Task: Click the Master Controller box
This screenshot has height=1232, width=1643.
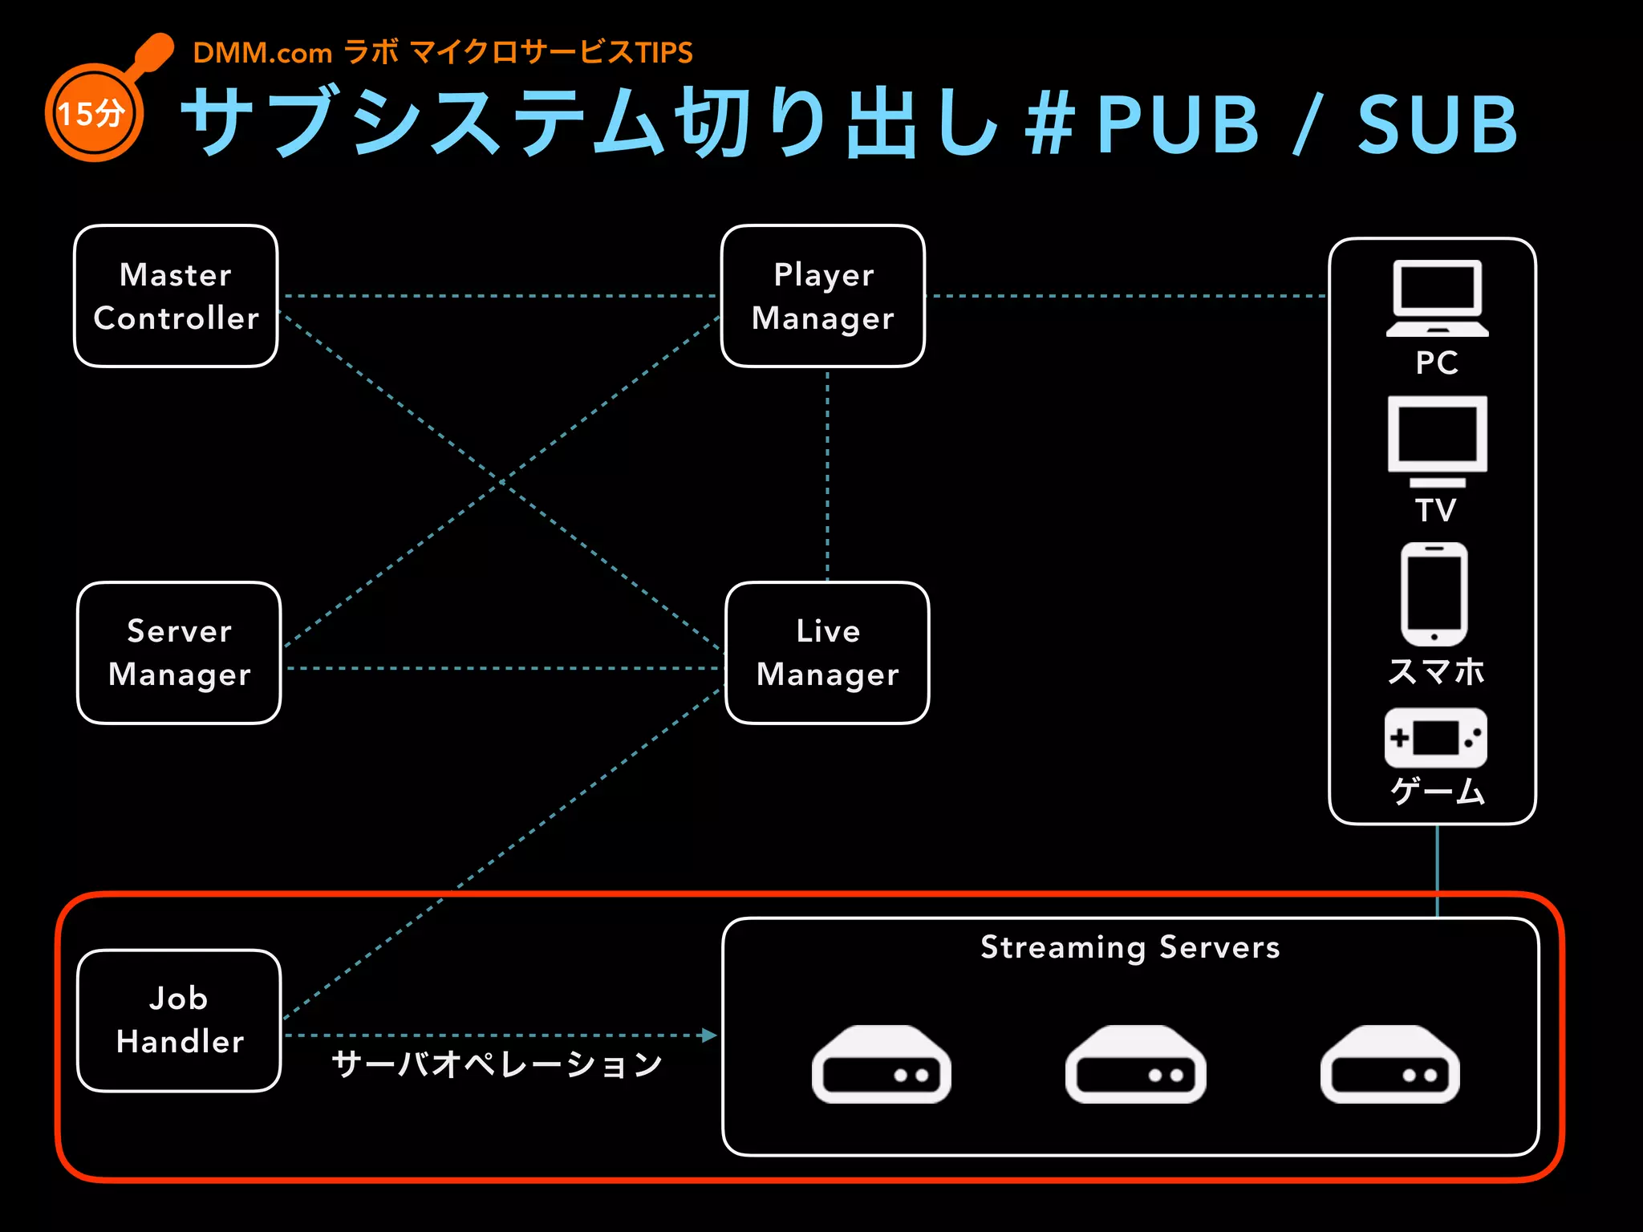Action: pyautogui.click(x=176, y=296)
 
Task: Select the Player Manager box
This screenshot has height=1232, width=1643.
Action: pyautogui.click(x=823, y=296)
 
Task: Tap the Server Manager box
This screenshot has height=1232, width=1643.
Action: pyautogui.click(x=179, y=653)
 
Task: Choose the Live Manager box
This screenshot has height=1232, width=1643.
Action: pyautogui.click(x=827, y=653)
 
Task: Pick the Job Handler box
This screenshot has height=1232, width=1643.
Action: pyautogui.click(x=179, y=1020)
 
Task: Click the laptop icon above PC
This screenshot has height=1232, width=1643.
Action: pyautogui.click(x=1437, y=298)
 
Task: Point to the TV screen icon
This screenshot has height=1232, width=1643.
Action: pyautogui.click(x=1437, y=440)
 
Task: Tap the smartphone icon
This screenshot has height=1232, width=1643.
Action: pyautogui.click(x=1434, y=594)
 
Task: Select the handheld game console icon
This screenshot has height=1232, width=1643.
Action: pyautogui.click(x=1435, y=738)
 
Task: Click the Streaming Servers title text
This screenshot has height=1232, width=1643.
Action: pyautogui.click(x=1130, y=947)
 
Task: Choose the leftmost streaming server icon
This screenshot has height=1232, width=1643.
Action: pyautogui.click(x=881, y=1064)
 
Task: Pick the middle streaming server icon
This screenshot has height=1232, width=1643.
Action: pyautogui.click(x=1135, y=1064)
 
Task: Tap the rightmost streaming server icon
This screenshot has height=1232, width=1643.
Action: pyautogui.click(x=1389, y=1064)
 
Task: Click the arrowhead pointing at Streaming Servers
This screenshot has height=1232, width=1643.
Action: pyautogui.click(x=708, y=1035)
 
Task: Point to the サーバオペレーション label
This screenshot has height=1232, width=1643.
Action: pyautogui.click(x=497, y=1064)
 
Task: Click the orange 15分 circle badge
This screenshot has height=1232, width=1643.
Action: pyautogui.click(x=94, y=113)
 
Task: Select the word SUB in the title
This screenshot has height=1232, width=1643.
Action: pyautogui.click(x=1437, y=124)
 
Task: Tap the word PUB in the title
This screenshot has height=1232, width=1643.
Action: pyautogui.click(x=1178, y=124)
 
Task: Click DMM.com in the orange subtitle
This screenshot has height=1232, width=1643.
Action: pyautogui.click(x=262, y=53)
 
